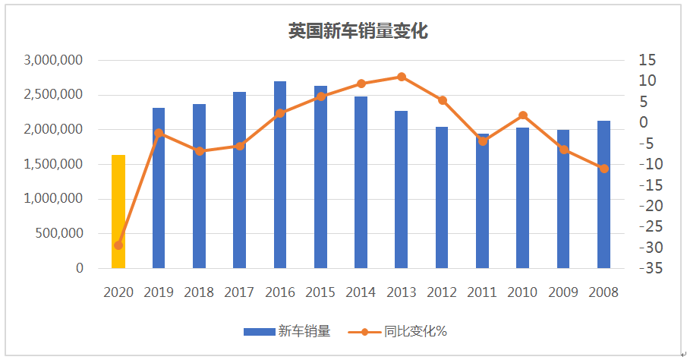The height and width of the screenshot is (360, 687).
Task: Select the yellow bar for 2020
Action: point(118,212)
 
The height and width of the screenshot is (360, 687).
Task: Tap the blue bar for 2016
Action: point(280,175)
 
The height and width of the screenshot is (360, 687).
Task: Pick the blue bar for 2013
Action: point(402,190)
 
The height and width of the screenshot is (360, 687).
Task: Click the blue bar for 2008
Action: point(603,194)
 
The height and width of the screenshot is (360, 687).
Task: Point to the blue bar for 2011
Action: point(482,201)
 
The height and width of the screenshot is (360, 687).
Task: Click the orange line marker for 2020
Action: point(118,245)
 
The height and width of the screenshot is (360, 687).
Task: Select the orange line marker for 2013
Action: point(402,77)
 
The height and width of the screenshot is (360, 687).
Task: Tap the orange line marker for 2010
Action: point(523,115)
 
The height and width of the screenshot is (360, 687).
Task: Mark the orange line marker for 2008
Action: point(603,169)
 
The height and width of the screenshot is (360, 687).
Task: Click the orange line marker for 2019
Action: point(159,134)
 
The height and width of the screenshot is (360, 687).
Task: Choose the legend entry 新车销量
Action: point(287,331)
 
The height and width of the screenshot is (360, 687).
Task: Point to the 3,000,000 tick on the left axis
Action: point(53,60)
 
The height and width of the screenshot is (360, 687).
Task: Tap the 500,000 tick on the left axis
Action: point(60,234)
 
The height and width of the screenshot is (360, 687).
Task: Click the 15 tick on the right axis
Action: point(647,60)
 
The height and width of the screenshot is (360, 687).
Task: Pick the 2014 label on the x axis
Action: point(361,292)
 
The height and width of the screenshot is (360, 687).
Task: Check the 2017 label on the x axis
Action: point(239,292)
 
